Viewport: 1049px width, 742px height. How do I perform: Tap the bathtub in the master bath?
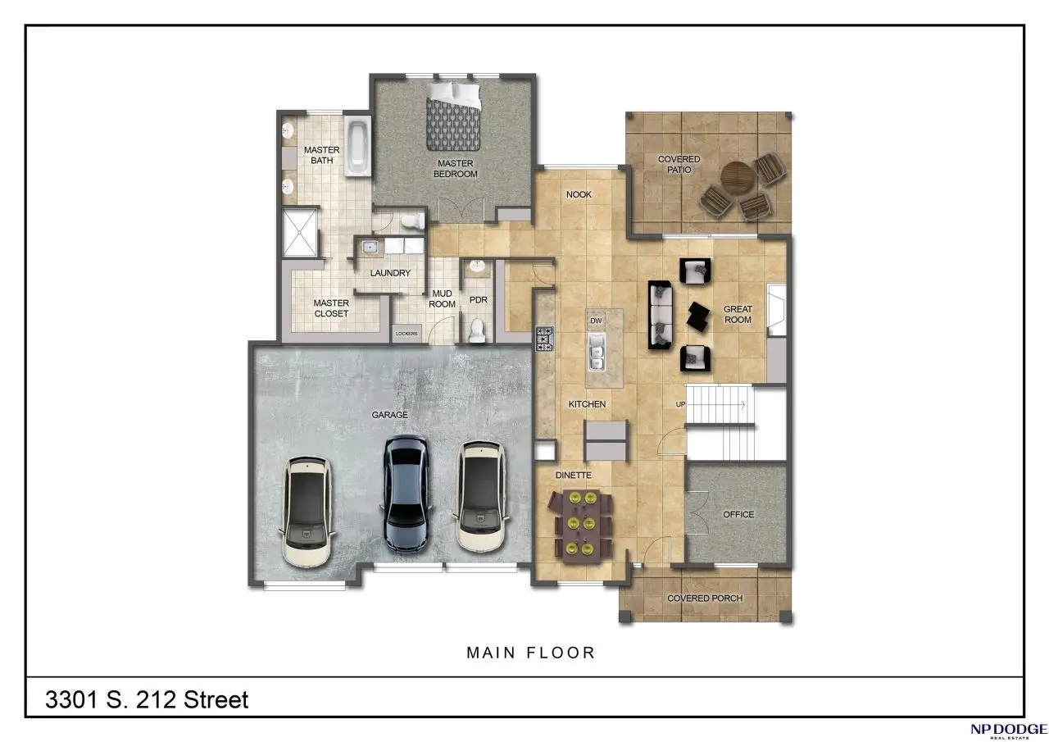point(358,146)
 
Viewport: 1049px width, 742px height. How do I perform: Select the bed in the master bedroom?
point(453,116)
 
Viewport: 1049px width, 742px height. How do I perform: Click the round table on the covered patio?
point(738,178)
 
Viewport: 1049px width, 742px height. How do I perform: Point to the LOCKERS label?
point(406,334)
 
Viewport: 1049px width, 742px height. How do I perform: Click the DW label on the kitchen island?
point(596,321)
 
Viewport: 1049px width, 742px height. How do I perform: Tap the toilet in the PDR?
point(477,330)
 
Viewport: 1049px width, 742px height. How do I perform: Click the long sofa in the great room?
point(660,315)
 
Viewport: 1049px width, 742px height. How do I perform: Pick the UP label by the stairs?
point(680,404)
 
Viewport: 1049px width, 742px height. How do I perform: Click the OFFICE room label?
point(738,514)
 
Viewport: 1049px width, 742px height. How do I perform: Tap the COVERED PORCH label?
point(705,599)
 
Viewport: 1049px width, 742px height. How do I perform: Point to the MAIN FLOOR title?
point(530,653)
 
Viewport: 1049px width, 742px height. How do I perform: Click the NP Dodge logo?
point(1008,731)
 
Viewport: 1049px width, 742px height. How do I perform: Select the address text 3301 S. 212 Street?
point(147,700)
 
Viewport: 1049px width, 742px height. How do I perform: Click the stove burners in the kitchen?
point(545,339)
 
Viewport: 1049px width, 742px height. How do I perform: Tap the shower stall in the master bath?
point(300,233)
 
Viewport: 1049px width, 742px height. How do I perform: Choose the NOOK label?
point(579,194)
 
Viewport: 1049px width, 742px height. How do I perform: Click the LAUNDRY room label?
point(390,273)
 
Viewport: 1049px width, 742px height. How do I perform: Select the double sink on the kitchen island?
point(596,353)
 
